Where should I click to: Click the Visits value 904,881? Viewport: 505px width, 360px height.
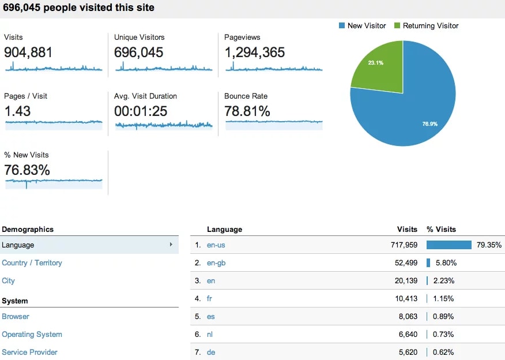point(28,52)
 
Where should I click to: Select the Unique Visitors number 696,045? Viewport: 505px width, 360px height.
point(138,52)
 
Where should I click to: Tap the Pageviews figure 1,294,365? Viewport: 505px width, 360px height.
point(254,52)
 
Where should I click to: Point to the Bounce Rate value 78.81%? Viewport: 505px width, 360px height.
point(247,111)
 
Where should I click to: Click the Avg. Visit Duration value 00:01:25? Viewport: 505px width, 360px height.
point(141,111)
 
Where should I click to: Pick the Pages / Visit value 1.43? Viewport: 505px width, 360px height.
point(17,111)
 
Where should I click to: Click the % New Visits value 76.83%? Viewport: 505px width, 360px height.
point(27,170)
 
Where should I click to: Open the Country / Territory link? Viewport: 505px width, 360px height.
point(32,263)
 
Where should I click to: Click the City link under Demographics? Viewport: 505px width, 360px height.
point(8,281)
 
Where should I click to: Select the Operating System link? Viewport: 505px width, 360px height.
point(32,335)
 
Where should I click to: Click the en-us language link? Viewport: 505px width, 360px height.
point(216,245)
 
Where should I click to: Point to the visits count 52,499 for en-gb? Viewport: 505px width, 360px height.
point(404,263)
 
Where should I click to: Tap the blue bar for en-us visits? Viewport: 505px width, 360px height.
point(449,245)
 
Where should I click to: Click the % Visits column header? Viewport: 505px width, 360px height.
point(441,230)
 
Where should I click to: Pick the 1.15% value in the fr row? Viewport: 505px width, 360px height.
point(444,299)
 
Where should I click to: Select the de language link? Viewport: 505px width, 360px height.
point(211,352)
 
